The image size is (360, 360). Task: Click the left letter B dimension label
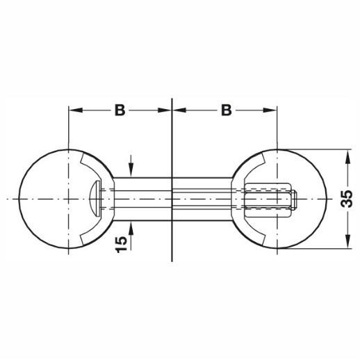click(120, 111)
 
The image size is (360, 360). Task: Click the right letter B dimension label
click(227, 111)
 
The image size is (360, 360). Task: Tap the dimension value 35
click(347, 199)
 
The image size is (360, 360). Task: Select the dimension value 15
click(121, 244)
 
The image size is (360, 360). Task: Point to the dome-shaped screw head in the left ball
click(95, 199)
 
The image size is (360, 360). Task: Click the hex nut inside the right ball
click(268, 199)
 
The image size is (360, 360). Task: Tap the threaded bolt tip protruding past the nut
click(294, 199)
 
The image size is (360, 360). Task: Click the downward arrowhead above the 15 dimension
click(131, 169)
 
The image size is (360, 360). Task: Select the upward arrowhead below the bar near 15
click(131, 228)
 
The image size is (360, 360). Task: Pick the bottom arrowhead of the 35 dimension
click(347, 241)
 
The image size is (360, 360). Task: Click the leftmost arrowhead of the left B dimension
click(76, 111)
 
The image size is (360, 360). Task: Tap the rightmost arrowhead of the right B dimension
click(270, 111)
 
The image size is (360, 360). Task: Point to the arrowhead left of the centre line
click(165, 111)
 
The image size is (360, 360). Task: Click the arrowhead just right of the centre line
click(179, 111)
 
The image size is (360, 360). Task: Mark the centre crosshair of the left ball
click(69, 199)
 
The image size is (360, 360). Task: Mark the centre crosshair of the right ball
click(277, 199)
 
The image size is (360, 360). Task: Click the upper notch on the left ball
click(81, 158)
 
